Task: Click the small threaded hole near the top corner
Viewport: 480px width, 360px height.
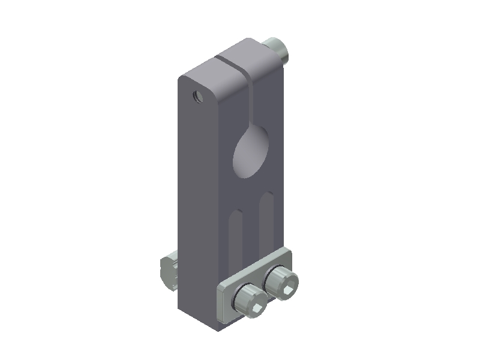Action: click(196, 95)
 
